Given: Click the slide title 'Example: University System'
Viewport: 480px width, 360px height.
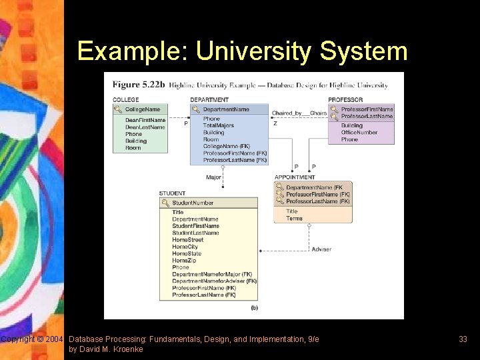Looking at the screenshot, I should coord(241,51).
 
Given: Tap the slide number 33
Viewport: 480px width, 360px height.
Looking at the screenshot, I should coord(463,339).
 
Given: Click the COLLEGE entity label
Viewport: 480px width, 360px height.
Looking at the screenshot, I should coord(126,100).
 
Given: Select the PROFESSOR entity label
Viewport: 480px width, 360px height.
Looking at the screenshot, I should coord(345,100).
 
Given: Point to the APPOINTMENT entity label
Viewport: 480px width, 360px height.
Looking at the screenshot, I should coord(295,177).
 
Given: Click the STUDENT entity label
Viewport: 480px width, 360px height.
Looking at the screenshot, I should coord(172,193).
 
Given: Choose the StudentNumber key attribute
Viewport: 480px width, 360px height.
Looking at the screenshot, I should coord(193,203).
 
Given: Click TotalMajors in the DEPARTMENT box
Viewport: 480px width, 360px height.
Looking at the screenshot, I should coord(219,125).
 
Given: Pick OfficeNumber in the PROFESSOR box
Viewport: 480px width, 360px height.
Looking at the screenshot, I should coord(359,133).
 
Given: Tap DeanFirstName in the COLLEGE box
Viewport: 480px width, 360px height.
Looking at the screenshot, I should coord(145,120).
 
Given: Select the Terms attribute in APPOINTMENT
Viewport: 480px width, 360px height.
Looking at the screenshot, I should coord(294,219).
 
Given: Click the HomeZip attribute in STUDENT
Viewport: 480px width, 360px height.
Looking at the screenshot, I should coord(185,261).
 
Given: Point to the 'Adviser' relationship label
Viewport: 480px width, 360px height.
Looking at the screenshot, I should coord(321,249).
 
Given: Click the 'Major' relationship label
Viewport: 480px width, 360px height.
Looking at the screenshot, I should coord(213,177).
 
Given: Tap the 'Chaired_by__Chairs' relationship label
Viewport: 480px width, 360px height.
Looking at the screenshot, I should coord(299,113).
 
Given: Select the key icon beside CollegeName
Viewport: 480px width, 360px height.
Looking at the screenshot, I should coord(118,109).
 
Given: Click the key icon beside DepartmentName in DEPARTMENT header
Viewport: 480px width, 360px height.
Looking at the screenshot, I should coord(196,109).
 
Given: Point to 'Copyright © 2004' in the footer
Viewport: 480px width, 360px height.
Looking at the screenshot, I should coord(32,339).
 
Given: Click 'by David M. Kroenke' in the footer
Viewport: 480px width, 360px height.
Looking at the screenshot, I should coord(105,349).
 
